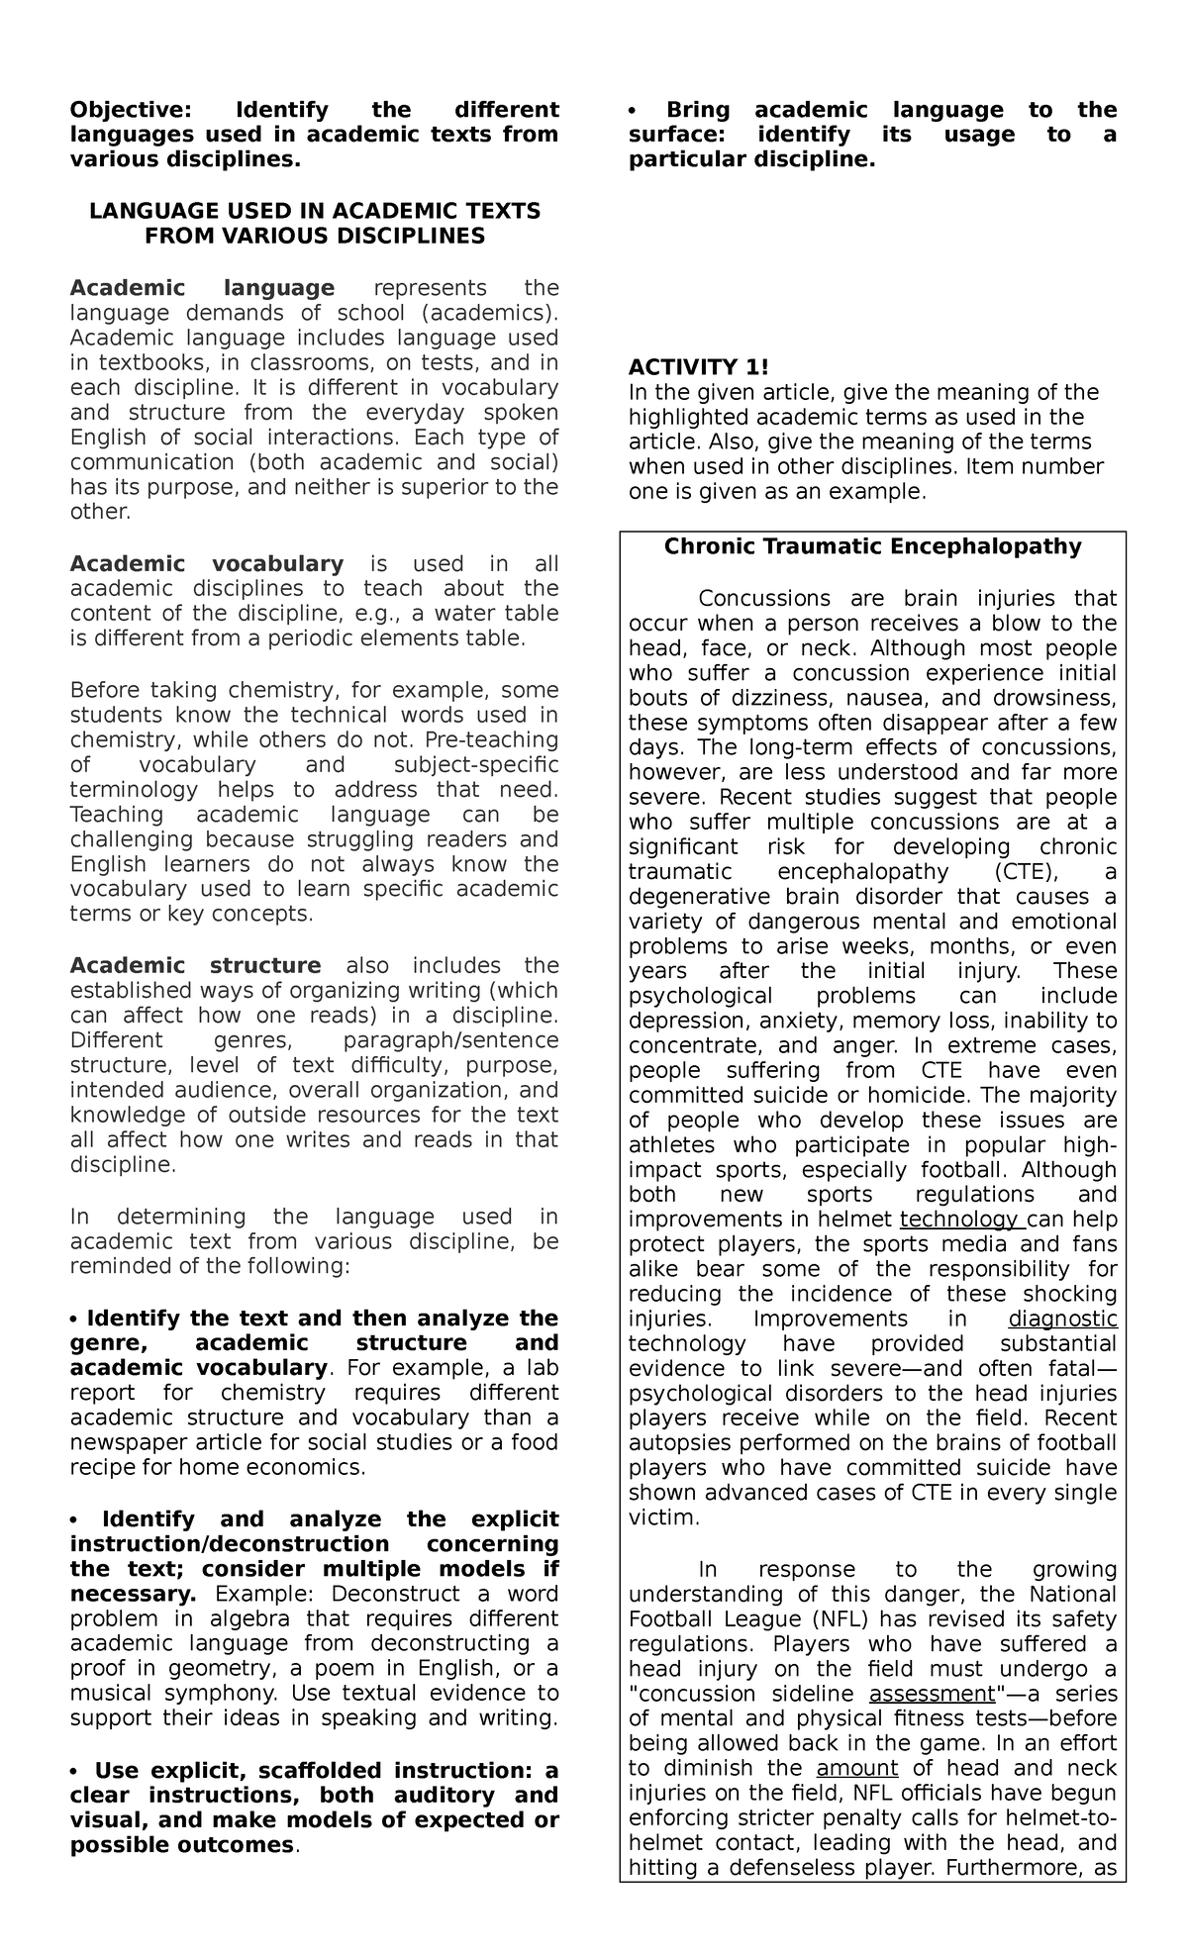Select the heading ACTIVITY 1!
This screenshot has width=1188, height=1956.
[698, 367]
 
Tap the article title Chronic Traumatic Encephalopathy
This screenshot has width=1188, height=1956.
[872, 546]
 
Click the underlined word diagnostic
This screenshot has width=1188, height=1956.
[1062, 1319]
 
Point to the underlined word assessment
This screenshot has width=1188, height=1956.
[932, 1693]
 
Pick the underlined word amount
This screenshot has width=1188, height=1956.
[857, 1768]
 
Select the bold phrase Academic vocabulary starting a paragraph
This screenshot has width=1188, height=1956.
[206, 564]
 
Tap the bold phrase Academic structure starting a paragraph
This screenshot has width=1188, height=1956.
[195, 965]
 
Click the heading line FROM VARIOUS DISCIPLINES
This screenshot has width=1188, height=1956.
[315, 236]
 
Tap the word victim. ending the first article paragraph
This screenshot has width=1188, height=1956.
[663, 1517]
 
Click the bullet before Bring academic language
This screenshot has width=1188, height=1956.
[633, 110]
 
